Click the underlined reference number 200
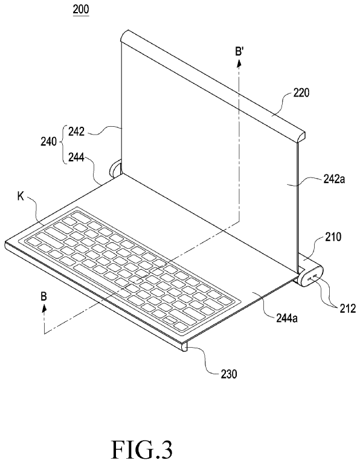(81, 9)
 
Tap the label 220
(301, 93)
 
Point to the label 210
(333, 237)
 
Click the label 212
(347, 308)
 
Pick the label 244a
(287, 318)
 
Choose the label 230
(229, 374)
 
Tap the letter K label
(21, 197)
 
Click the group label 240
(49, 142)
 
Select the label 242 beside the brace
(76, 132)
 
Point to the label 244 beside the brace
(76, 158)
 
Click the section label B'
(239, 52)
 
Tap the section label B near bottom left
(43, 296)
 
